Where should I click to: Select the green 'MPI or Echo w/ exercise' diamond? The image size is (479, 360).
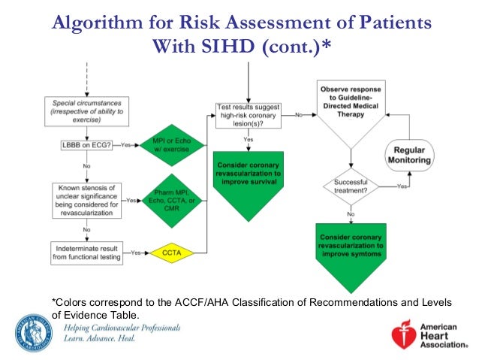173,144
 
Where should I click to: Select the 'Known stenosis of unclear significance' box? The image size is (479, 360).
86,200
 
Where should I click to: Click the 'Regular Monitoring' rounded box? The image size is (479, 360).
408,156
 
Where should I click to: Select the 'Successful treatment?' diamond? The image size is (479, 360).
351,185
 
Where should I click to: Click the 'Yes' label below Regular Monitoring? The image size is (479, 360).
402,185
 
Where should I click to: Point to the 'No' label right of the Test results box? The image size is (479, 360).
298,115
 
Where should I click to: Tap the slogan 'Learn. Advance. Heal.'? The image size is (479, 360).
104,340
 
